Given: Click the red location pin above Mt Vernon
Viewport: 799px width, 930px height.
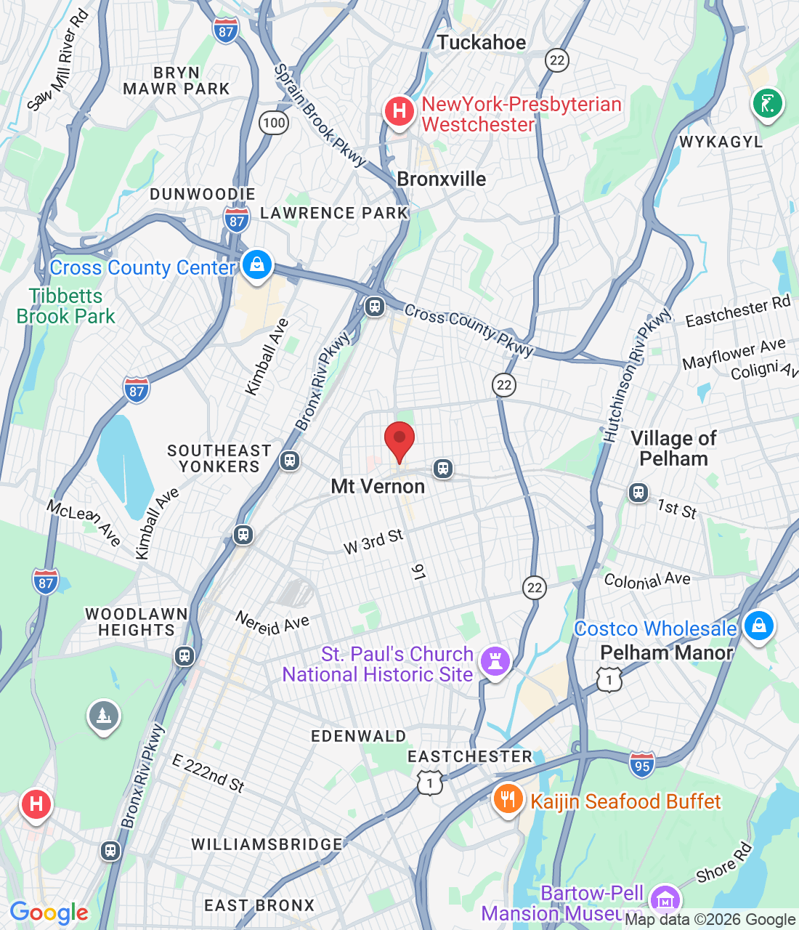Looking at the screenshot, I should coord(399,440).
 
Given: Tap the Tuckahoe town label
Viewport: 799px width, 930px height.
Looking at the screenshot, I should coord(481,43).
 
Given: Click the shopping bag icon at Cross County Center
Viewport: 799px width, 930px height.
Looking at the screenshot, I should coord(257,265).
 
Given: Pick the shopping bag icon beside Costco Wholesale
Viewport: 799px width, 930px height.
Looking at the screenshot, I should coord(758,626).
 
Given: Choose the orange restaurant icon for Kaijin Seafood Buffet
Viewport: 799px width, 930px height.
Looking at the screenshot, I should coord(508,800).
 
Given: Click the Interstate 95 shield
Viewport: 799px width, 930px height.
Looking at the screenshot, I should coord(642,764).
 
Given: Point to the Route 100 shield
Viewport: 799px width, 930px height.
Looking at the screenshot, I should coord(274,122).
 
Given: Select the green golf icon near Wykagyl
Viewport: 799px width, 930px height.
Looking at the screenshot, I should coord(767,102).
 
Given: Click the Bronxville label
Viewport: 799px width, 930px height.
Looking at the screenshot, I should coord(442,179).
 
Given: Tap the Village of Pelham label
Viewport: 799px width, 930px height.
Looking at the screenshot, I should coord(673,448).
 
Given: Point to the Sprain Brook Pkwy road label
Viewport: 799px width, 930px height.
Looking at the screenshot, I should coord(320,116).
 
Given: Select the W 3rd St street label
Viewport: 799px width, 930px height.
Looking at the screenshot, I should coord(373,541).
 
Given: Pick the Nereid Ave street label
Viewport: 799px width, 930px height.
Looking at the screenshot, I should coord(272,623).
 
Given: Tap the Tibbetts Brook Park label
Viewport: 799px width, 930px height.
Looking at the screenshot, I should coord(65,306).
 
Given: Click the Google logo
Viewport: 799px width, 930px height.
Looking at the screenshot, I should coord(49,913).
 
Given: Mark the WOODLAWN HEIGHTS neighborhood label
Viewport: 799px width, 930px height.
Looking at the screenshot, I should coord(137,622).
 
